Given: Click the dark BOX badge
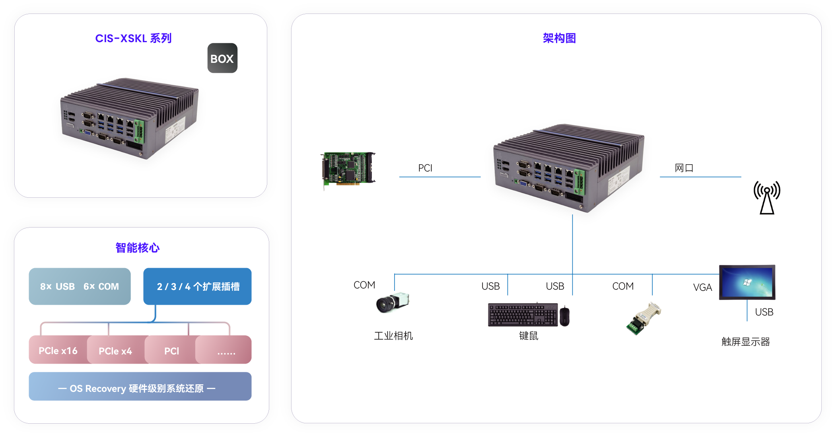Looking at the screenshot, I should [x=222, y=58].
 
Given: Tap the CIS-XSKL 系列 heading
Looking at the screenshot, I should [x=133, y=38].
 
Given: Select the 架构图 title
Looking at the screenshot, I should [x=559, y=38].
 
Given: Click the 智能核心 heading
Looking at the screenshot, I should [x=137, y=248].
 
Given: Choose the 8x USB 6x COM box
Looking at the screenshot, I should [x=80, y=286].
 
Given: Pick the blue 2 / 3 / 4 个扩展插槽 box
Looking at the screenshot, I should [x=198, y=286].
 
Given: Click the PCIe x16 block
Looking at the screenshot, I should [x=58, y=350].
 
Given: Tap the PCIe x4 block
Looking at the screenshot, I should [x=115, y=351].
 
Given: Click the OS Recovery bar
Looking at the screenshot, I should [x=140, y=388].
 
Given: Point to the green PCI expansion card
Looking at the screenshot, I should [x=348, y=169].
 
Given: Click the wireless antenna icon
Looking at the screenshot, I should [x=767, y=198].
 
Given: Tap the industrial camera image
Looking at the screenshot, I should [x=393, y=303].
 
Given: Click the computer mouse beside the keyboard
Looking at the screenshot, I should [x=565, y=316].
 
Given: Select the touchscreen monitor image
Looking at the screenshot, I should [x=747, y=282].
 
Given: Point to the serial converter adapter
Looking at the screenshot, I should [x=644, y=319].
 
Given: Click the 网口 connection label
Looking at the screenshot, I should [x=684, y=168].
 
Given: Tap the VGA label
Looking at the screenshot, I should [x=702, y=287].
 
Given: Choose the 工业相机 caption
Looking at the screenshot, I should [x=393, y=336].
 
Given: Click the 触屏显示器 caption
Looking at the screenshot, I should [x=746, y=342].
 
